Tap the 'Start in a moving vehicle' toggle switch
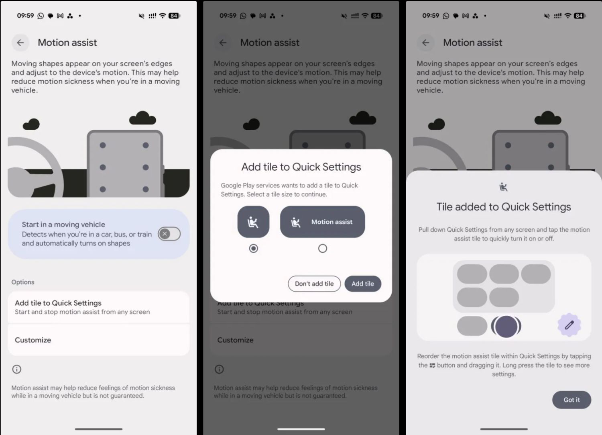(169, 233)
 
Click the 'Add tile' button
(362, 284)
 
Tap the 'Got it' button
(571, 400)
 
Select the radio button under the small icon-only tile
(253, 248)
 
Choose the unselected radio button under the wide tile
(323, 248)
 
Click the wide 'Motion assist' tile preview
(322, 222)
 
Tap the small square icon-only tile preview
(253, 222)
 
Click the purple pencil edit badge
(569, 325)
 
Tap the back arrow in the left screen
(20, 43)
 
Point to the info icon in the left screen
(17, 369)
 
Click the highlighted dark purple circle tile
(506, 326)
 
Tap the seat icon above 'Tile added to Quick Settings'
(503, 187)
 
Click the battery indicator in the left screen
(174, 16)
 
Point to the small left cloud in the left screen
(31, 124)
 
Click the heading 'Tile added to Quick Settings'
(504, 206)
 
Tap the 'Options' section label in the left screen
(23, 282)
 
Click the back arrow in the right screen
(426, 43)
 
